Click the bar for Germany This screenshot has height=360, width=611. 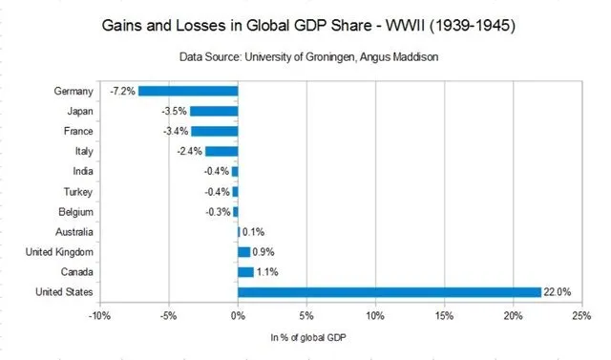(x=187, y=91)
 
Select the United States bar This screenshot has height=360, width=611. (x=389, y=291)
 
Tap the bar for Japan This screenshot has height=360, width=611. (x=213, y=111)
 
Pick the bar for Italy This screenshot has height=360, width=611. (x=221, y=151)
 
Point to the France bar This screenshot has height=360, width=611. (x=214, y=131)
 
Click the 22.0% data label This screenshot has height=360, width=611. (x=558, y=291)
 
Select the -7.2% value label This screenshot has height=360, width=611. (x=122, y=91)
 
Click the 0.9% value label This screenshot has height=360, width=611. (x=263, y=251)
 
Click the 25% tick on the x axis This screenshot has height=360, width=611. (x=581, y=314)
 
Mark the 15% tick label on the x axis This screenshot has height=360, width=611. (x=444, y=314)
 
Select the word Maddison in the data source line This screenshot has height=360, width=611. (x=409, y=57)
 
